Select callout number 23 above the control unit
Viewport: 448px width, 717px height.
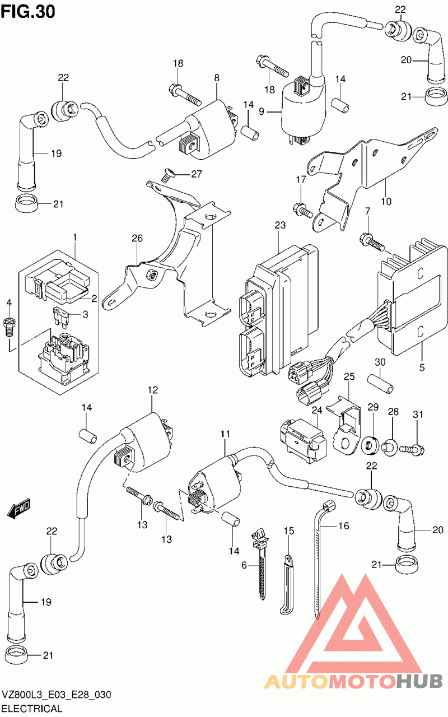(280, 226)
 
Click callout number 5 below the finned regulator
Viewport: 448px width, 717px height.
(422, 367)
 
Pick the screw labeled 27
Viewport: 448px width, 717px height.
(167, 175)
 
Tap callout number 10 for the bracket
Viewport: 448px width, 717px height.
(386, 201)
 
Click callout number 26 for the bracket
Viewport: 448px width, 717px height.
(138, 239)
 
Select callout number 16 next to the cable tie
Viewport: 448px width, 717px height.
(343, 526)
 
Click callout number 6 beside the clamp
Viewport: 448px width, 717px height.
(244, 566)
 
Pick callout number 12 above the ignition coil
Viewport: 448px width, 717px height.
(152, 390)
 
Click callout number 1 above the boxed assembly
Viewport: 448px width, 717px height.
(74, 238)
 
